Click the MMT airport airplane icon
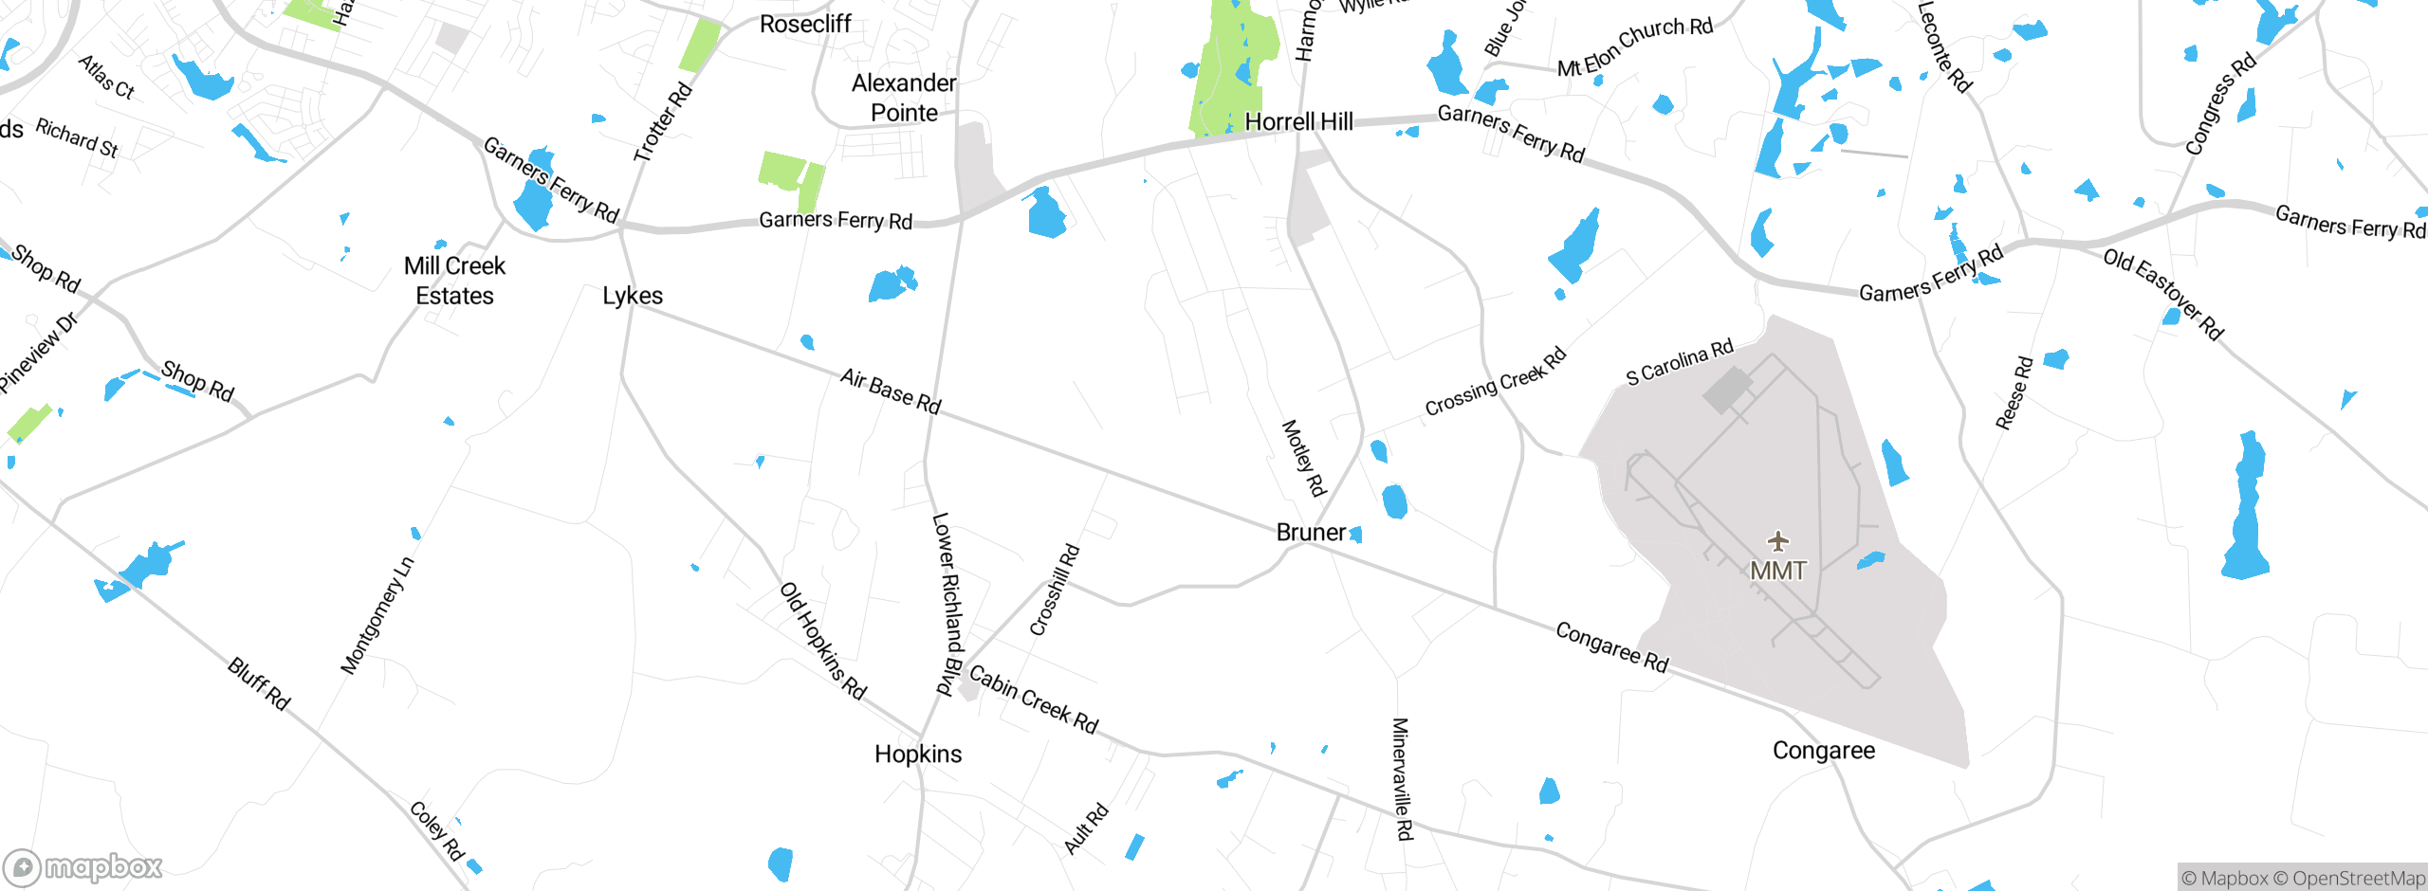pos(1778,541)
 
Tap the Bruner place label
pos(1311,533)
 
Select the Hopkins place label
pos(918,754)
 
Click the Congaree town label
pos(1823,751)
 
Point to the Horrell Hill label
pos(1298,121)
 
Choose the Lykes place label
pos(633,296)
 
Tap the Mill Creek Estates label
pos(454,281)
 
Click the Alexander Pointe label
pos(904,98)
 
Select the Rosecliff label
pos(805,24)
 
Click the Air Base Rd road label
pos(890,391)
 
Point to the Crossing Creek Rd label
pos(1495,382)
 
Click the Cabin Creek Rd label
pos(1033,700)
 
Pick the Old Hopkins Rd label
pos(822,641)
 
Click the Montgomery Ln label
pos(377,616)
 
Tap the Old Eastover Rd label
pos(2162,294)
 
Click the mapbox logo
pos(83,867)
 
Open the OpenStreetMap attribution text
pos(2356,879)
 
